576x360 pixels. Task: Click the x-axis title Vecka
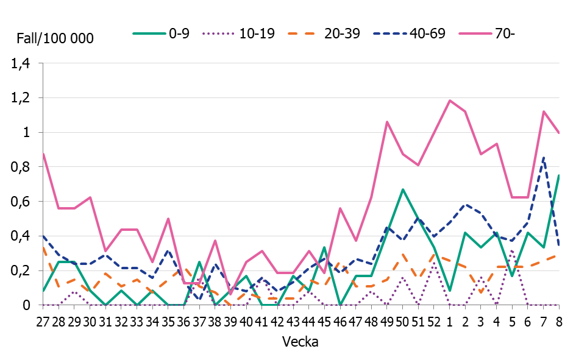tap(301, 342)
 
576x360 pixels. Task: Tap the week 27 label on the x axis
tap(43, 320)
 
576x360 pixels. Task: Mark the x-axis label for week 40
tap(247, 320)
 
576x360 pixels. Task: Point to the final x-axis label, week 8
tap(559, 320)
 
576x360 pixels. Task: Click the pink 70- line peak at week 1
tap(449, 101)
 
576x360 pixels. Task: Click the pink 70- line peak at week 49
tap(387, 122)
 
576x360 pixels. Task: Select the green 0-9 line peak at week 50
tap(402, 189)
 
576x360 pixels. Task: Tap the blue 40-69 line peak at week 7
tap(543, 157)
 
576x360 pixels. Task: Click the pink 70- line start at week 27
tap(43, 154)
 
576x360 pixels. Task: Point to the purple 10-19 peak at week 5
tap(511, 250)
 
